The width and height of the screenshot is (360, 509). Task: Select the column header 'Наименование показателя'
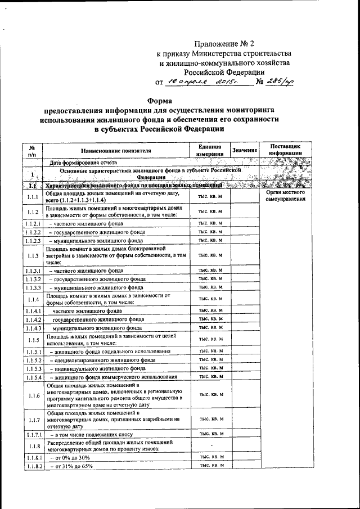coord(115,151)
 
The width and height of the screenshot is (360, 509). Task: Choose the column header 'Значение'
coord(245,150)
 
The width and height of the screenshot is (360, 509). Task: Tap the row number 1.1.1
coord(33,196)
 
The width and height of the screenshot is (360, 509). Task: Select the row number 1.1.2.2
coord(33,232)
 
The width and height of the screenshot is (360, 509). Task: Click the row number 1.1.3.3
coord(33,287)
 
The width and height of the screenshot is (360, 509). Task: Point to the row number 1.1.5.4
coord(33,376)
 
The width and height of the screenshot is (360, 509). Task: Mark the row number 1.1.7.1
coord(33,435)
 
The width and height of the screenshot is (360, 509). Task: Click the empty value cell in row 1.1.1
coord(245,196)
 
